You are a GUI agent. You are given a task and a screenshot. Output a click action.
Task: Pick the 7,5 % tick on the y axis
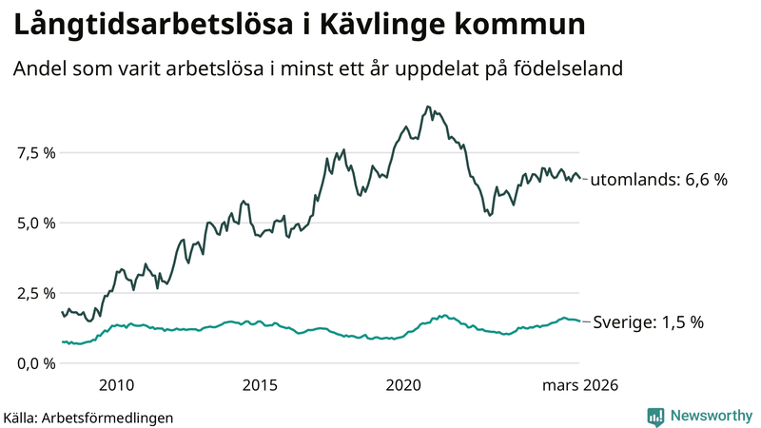tap(36, 152)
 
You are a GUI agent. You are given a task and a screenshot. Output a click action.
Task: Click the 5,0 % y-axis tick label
tap(36, 223)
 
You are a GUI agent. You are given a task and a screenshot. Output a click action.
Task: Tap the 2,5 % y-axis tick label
tap(36, 293)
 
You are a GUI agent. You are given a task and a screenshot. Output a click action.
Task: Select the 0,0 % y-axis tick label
tap(36, 363)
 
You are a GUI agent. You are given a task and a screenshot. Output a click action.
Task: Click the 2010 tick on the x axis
tap(115, 385)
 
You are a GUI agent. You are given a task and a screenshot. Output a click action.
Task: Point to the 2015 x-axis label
tap(260, 385)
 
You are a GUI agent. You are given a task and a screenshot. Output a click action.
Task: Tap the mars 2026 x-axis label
tap(580, 385)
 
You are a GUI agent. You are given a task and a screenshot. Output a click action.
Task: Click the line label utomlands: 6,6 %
tap(658, 178)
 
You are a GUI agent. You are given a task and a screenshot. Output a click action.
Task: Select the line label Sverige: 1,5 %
tap(648, 322)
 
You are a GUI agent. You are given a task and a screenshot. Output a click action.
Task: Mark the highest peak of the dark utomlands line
tap(428, 107)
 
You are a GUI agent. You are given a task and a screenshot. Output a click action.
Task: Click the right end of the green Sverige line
tap(579, 321)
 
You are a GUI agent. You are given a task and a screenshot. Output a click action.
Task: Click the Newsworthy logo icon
tap(655, 416)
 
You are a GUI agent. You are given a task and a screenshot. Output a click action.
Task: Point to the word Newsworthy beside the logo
tap(712, 416)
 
